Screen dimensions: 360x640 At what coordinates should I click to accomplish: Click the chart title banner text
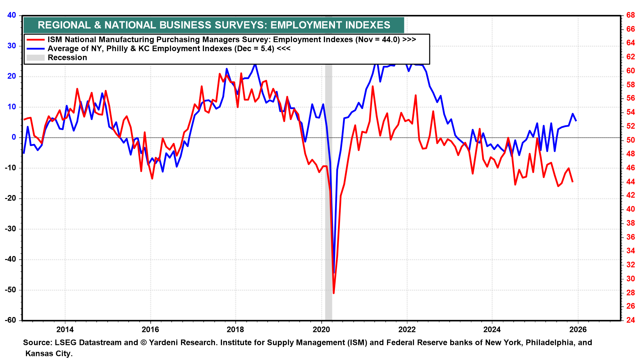pyautogui.click(x=214, y=25)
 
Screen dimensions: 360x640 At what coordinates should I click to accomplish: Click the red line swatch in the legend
pyautogui.click(x=35, y=40)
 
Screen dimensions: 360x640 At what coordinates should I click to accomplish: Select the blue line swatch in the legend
pyautogui.click(x=35, y=49)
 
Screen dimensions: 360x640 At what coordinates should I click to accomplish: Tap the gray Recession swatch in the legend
pyautogui.click(x=35, y=58)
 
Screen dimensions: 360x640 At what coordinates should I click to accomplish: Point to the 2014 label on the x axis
pyautogui.click(x=65, y=330)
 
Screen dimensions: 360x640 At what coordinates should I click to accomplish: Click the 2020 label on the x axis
pyautogui.click(x=321, y=330)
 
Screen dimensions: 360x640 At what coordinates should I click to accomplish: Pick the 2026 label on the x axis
pyautogui.click(x=578, y=330)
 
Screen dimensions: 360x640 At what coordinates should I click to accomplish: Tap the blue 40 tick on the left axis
pyautogui.click(x=12, y=15)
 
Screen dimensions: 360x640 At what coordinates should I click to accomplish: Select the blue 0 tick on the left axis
pyautogui.click(x=14, y=137)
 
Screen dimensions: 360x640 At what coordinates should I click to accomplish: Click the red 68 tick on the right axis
pyautogui.click(x=630, y=15)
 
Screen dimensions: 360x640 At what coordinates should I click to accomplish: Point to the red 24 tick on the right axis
pyautogui.click(x=630, y=320)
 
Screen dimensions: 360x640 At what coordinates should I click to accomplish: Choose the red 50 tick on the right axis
pyautogui.click(x=630, y=140)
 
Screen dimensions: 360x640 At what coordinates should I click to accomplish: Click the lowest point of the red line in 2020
pyautogui.click(x=334, y=293)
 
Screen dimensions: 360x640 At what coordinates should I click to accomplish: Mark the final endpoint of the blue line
pyautogui.click(x=576, y=121)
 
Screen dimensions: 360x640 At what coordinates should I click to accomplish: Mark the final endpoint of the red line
pyautogui.click(x=573, y=182)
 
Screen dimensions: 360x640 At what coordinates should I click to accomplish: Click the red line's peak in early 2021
pyautogui.click(x=372, y=86)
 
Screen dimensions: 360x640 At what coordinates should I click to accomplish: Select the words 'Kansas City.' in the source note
pyautogui.click(x=49, y=353)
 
